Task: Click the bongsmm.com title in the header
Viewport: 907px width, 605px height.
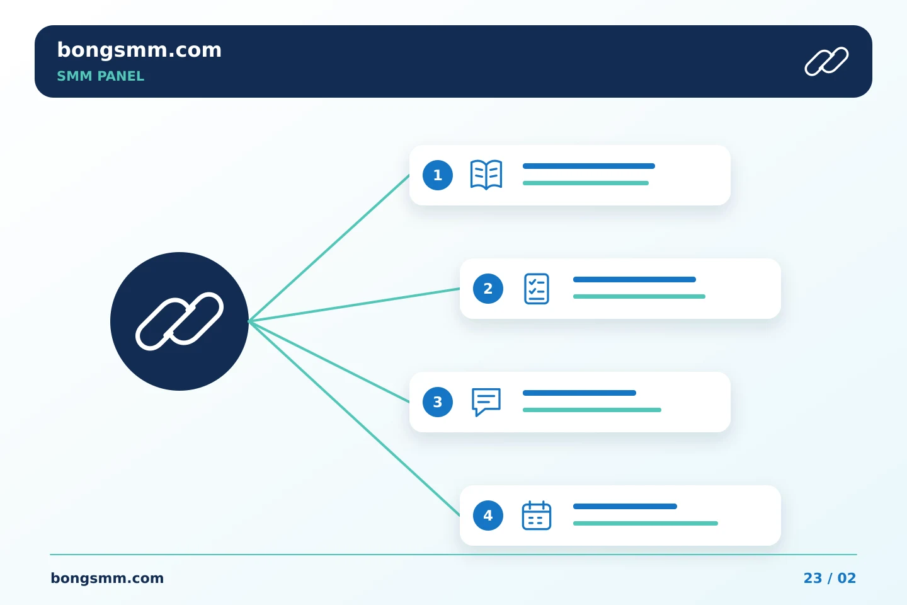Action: [x=139, y=50]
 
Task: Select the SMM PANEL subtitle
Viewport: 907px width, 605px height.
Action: [x=100, y=76]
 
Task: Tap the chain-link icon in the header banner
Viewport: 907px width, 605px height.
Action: [x=826, y=61]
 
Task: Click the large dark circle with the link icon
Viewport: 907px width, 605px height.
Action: [x=180, y=321]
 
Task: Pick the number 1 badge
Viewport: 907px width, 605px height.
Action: [x=438, y=175]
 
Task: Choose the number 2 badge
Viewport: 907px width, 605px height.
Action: [x=488, y=289]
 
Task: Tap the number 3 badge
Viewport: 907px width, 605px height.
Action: [x=438, y=402]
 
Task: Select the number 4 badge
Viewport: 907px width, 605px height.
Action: [x=488, y=516]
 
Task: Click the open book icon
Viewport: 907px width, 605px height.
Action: [x=486, y=175]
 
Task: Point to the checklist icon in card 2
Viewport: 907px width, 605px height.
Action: [x=537, y=289]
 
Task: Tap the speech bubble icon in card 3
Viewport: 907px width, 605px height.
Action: [x=486, y=402]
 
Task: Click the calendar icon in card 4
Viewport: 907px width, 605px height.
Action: [x=537, y=516]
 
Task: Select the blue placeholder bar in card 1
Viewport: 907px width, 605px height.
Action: [x=589, y=166]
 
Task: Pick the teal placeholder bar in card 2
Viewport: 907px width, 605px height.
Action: [x=639, y=297]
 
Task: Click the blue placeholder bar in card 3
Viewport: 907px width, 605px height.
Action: [x=579, y=393]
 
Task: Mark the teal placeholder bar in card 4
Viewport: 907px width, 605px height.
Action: [x=646, y=524]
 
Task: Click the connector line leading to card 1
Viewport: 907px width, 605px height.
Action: [x=329, y=248]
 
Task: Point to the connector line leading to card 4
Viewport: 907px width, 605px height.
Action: [x=354, y=418]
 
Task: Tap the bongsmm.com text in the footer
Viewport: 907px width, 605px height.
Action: [x=107, y=579]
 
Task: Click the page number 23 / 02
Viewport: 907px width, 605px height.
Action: [x=830, y=579]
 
